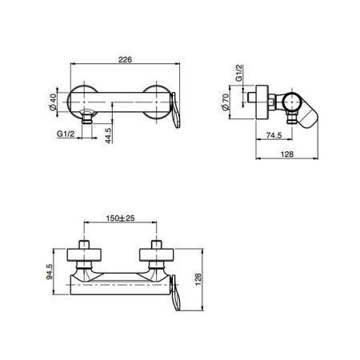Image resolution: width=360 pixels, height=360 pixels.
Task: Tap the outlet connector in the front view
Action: (x=88, y=118)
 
